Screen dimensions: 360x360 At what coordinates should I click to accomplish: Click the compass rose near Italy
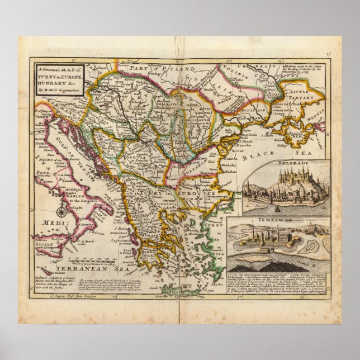click(x=61, y=212)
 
